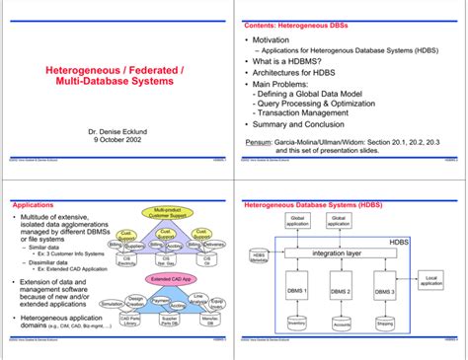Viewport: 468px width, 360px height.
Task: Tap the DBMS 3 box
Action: tap(385, 292)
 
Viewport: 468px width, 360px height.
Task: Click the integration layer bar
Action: tap(338, 253)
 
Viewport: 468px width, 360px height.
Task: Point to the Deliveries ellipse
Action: tap(215, 245)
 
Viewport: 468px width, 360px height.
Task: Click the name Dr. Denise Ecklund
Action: tap(116, 130)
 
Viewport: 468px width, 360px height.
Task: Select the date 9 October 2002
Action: tap(116, 140)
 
